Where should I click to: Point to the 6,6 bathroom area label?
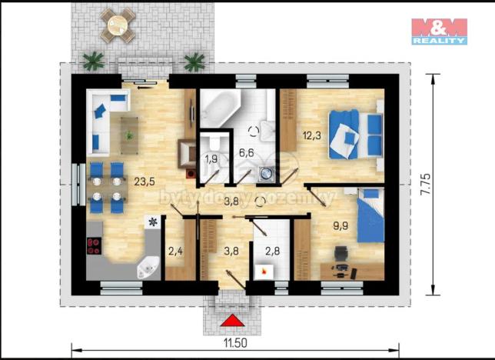point(246,152)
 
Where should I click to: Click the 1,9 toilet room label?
point(212,160)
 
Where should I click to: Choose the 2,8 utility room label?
point(274,249)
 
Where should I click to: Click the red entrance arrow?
point(231,321)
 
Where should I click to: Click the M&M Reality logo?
point(438,31)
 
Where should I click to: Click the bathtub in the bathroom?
point(219,108)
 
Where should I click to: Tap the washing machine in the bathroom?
point(267,174)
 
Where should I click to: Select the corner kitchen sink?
point(146,268)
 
